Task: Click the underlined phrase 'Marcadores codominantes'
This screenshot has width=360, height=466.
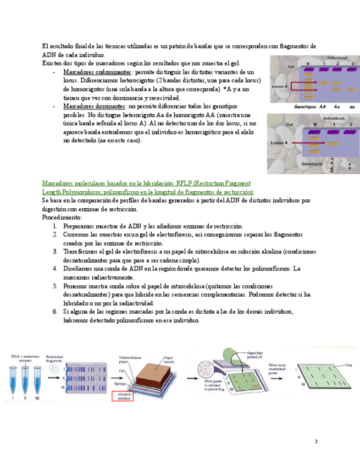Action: click(97, 73)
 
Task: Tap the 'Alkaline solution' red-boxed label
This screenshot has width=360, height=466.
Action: click(123, 396)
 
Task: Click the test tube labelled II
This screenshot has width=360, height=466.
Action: click(23, 376)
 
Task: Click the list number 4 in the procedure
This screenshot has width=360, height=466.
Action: click(56, 269)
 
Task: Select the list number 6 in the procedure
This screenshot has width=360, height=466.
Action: click(56, 312)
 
